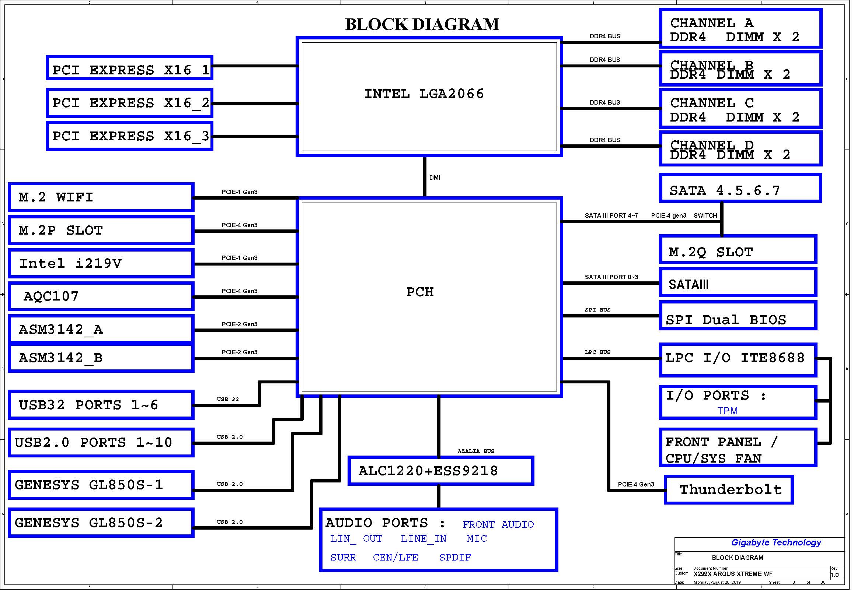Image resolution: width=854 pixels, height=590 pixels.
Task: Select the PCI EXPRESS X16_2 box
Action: [x=130, y=103]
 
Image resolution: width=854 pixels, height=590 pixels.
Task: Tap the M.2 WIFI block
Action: [x=101, y=197]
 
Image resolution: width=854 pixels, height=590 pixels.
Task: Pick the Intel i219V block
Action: [x=101, y=264]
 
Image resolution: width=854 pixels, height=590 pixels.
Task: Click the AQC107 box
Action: [x=101, y=296]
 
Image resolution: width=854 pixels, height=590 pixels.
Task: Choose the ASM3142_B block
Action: [x=101, y=358]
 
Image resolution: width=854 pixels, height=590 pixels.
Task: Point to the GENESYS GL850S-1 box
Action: [x=101, y=485]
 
